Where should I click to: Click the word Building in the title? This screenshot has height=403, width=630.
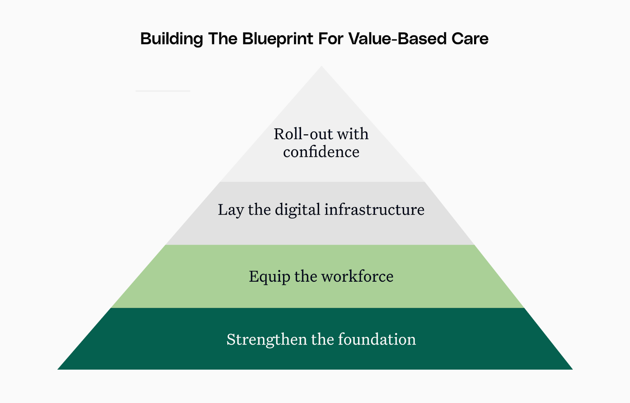click(x=172, y=39)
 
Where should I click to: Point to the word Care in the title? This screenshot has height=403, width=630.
click(x=470, y=39)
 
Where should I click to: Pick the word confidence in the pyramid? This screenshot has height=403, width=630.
click(x=321, y=152)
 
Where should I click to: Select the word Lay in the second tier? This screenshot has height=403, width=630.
click(x=231, y=210)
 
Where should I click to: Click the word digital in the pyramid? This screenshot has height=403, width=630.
click(x=297, y=210)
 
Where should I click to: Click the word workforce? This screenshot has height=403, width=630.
click(x=357, y=277)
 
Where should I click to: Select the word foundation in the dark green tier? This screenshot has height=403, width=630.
click(x=377, y=340)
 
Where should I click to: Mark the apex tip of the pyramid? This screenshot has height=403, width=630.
click(x=322, y=67)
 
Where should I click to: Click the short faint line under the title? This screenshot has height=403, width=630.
click(x=163, y=91)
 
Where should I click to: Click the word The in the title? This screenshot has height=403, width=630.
click(x=222, y=39)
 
